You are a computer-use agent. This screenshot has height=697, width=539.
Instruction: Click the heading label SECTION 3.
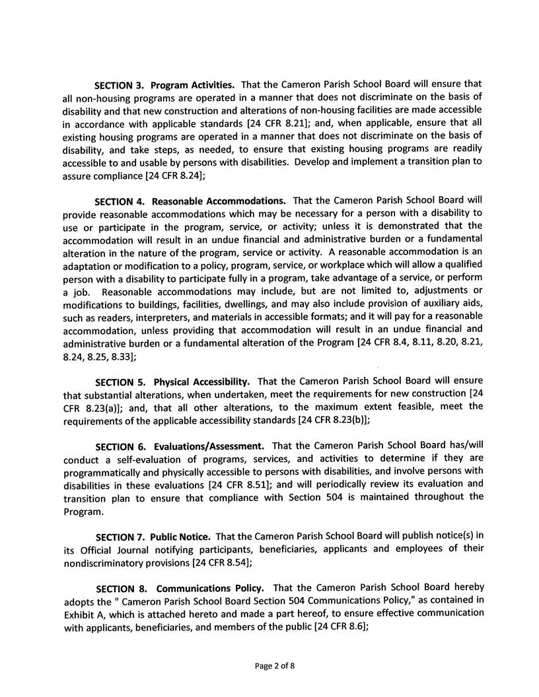(x=121, y=86)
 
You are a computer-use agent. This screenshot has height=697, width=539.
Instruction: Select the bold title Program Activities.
(x=192, y=86)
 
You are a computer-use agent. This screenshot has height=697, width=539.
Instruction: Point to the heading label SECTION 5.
(x=122, y=382)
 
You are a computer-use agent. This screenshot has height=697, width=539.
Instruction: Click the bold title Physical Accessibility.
(x=201, y=382)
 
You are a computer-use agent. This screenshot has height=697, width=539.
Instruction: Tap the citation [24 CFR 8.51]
(x=233, y=483)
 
